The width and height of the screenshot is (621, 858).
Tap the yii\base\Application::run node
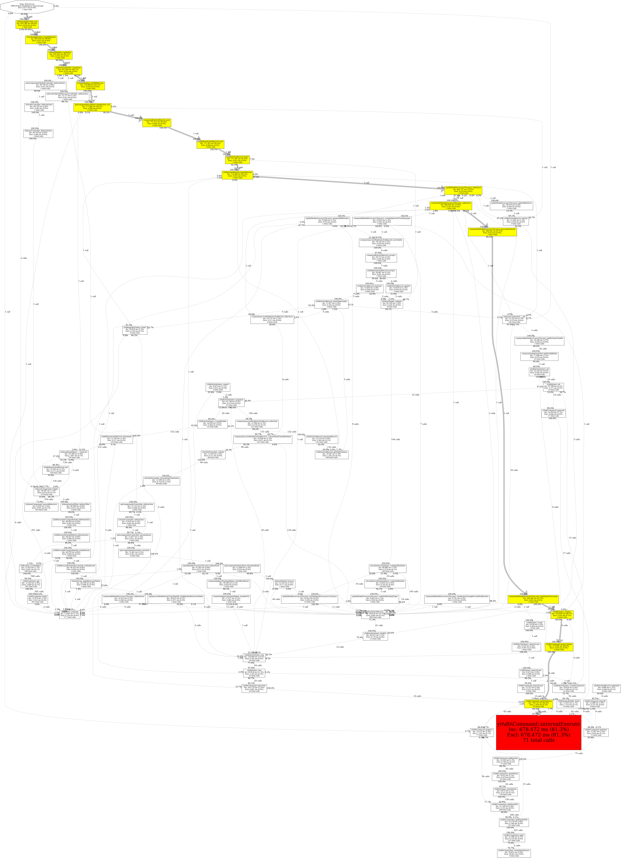(27, 24)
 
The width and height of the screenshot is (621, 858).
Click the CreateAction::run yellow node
(92, 107)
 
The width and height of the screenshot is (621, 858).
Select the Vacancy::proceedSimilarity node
(492, 231)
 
